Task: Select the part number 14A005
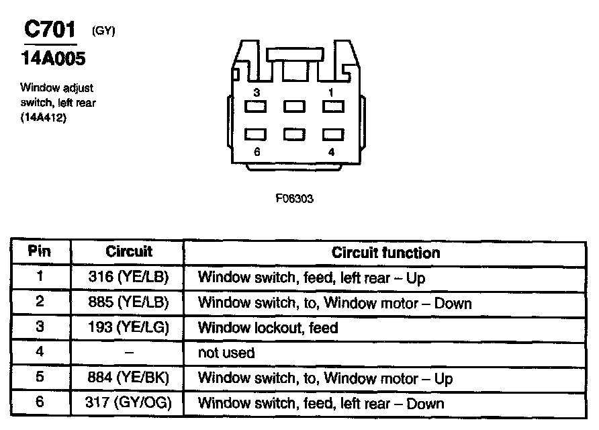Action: coord(50,59)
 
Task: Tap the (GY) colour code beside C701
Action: coord(103,31)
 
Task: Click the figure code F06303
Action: coord(294,199)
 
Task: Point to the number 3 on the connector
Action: coord(257,91)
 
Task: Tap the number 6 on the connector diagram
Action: coord(257,152)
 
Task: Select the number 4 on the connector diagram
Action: coord(331,152)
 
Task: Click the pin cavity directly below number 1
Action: coord(332,106)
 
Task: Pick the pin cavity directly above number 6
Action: coord(256,134)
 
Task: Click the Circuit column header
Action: coord(129,253)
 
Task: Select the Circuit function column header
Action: coord(385,253)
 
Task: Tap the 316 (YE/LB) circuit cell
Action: coord(129,277)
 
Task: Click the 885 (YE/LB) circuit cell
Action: coord(129,302)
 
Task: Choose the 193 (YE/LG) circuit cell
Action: coord(129,328)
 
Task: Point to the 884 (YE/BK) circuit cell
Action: coord(129,378)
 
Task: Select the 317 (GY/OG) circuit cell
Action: coord(129,403)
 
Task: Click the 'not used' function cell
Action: coord(226,353)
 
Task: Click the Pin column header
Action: coord(40,253)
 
